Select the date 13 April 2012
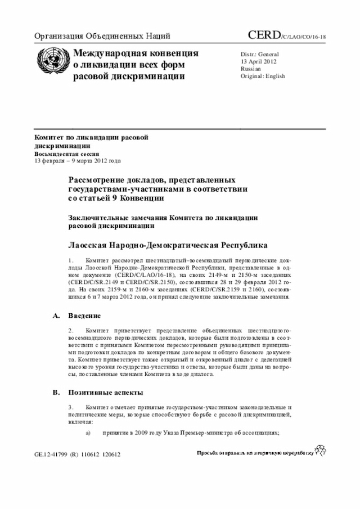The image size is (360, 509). [x=259, y=61]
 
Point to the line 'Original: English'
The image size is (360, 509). [x=263, y=75]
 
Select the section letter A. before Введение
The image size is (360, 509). [x=56, y=316]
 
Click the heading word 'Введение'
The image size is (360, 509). [x=85, y=316]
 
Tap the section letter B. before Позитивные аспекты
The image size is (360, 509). [x=56, y=392]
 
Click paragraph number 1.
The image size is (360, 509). [x=71, y=261]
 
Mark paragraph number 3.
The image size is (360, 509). [x=71, y=406]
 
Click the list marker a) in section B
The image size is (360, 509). [x=88, y=433]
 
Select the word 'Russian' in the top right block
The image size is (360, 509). [x=250, y=69]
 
